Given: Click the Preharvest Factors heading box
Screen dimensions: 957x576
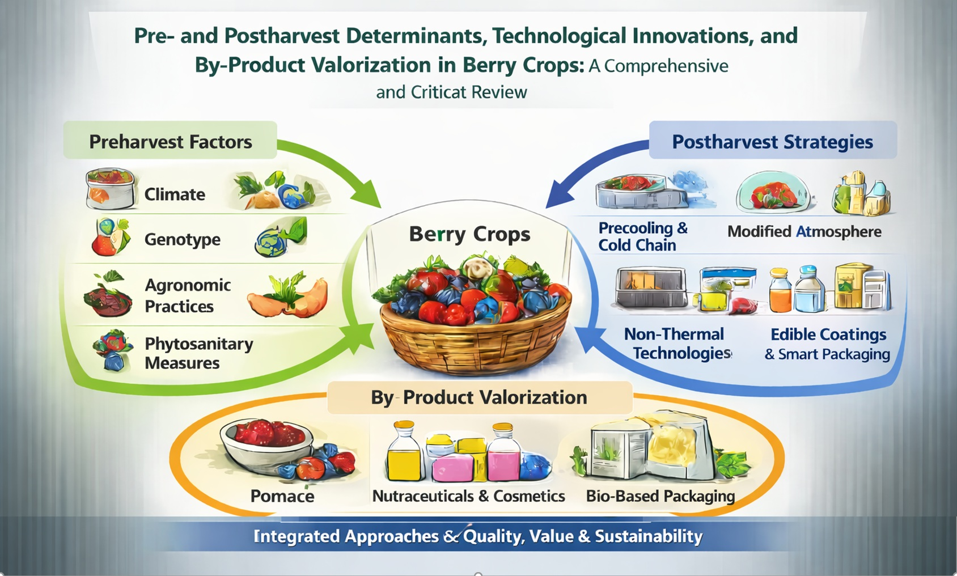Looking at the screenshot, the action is pos(170,140).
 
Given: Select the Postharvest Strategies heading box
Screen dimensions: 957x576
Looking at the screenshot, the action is pos(773,140).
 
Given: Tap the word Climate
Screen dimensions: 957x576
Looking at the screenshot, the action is pos(175,194).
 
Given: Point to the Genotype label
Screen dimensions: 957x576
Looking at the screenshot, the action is pos(183,239).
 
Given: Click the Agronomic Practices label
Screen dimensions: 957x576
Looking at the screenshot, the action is pos(188,296).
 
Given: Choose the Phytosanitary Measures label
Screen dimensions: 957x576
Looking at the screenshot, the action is pos(199,353).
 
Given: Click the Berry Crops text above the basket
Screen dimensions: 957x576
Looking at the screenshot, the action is pos(469,234).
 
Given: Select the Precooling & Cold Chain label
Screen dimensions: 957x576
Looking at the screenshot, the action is pos(643,236).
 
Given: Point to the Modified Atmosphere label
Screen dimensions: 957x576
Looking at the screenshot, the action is pos(804,232).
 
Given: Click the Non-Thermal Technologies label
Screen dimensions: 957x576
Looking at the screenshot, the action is pos(678,344).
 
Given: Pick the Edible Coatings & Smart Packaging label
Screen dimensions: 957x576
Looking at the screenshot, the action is pos(828,344).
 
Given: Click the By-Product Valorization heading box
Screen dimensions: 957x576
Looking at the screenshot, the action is pos(480,397).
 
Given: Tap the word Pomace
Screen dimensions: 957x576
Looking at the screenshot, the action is pos(282,496).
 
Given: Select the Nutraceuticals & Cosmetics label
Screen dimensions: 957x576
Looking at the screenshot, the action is pos(469,496).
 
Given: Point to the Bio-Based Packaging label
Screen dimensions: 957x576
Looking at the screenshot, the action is pos(660,496).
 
